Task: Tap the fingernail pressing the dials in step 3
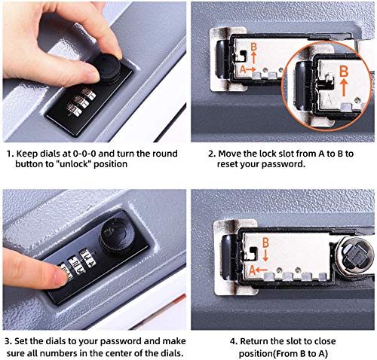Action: pos(60,276)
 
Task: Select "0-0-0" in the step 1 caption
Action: pos(84,154)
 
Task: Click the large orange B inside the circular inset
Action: pos(344,72)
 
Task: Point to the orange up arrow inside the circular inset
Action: pos(345,87)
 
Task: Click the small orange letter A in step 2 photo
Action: pos(243,69)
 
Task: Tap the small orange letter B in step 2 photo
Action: pos(253,47)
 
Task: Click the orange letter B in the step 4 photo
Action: pos(265,243)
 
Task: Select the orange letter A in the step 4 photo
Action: pos(253,270)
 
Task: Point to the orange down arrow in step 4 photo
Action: pos(265,255)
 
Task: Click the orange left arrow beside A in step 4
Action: pos(262,270)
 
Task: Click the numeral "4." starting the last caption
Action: pos(234,341)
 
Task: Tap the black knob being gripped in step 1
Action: pos(109,67)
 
